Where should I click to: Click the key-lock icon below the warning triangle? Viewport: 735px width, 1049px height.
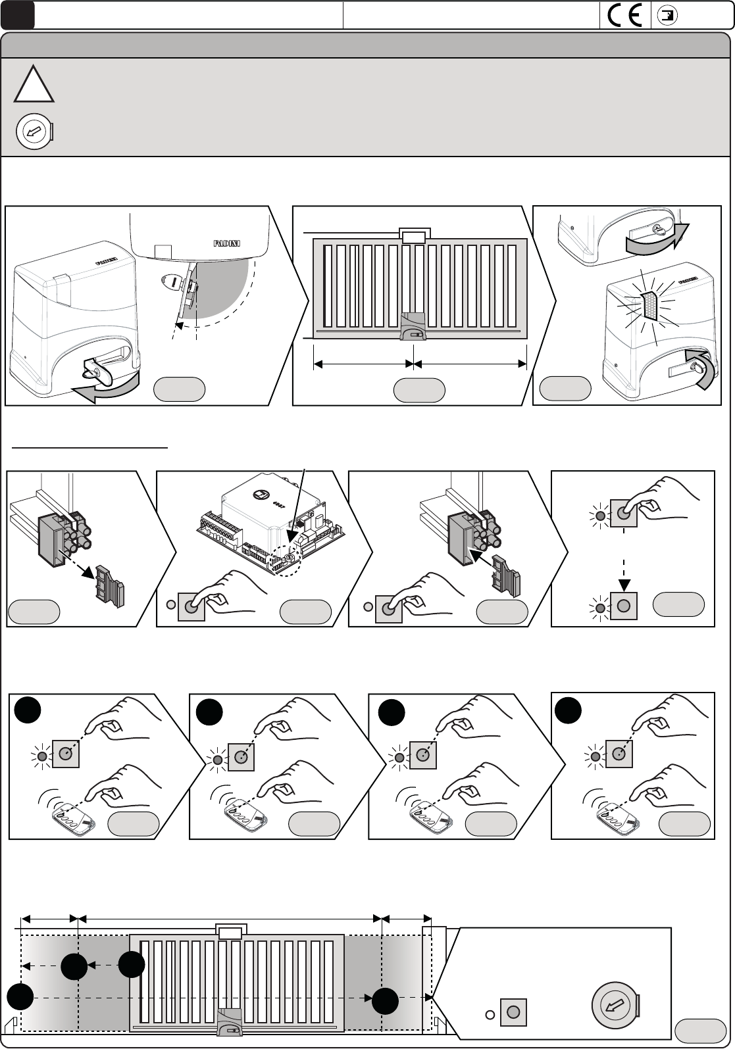(x=33, y=132)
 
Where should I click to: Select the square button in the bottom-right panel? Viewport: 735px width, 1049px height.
(x=513, y=1012)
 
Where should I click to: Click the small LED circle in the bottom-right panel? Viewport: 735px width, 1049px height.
(x=490, y=1014)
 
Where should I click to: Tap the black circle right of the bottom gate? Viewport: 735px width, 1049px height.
(x=385, y=1001)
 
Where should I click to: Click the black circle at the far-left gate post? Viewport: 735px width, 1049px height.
(x=20, y=996)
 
